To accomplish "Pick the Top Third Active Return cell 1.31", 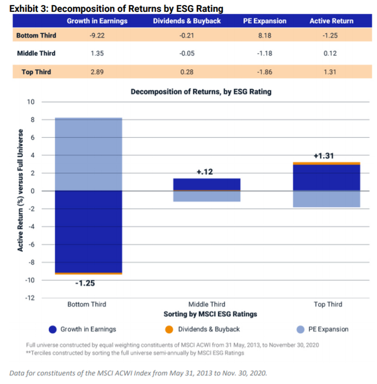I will [x=331, y=72].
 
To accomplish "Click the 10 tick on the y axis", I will [x=30, y=102].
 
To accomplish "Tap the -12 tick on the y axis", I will [x=28, y=298].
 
